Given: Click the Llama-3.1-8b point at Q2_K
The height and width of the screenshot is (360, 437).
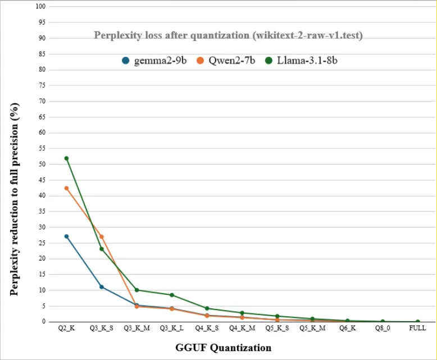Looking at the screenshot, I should [x=66, y=158].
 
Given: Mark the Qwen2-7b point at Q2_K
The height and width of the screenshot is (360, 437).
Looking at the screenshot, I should [x=66, y=188].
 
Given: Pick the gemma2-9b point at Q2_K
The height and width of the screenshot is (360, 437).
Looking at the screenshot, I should [x=66, y=236].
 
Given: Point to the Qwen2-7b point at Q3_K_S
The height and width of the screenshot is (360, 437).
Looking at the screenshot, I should [x=102, y=236].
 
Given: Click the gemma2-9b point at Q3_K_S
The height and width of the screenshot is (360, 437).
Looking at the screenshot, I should [x=102, y=287].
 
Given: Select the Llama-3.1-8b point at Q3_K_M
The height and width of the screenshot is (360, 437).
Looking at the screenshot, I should [x=136, y=290].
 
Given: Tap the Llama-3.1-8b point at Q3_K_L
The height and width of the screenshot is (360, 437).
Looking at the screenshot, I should [x=172, y=295].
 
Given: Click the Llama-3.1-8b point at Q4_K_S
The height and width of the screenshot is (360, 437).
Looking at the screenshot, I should [x=207, y=308].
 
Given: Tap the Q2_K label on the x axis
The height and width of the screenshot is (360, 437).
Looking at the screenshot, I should [x=66, y=329].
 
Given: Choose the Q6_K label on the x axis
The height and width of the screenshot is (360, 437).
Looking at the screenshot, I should [x=347, y=329].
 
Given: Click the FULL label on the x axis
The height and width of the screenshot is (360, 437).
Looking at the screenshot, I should [x=417, y=329].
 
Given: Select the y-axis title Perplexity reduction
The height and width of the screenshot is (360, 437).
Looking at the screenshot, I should [x=16, y=199].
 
